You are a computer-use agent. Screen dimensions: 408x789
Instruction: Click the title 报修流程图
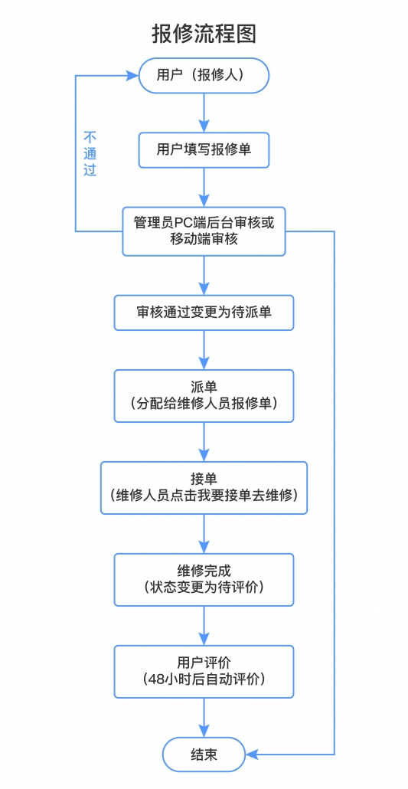[204, 34]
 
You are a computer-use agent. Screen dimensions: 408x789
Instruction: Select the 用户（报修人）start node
[204, 76]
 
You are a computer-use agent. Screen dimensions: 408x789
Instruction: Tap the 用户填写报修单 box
[204, 150]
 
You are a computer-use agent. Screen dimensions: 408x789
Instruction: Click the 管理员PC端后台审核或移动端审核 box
[204, 231]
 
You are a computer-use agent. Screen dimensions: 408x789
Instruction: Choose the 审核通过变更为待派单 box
[204, 313]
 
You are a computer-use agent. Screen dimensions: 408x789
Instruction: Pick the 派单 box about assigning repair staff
[204, 396]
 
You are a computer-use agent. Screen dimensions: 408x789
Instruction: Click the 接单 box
[204, 488]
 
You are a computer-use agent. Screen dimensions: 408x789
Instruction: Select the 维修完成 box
[204, 580]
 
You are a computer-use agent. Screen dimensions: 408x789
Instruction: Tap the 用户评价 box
[204, 672]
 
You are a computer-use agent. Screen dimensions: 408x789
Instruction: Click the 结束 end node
[204, 755]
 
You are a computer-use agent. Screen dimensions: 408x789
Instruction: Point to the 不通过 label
[90, 153]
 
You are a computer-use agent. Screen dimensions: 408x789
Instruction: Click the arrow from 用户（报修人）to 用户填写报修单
[204, 113]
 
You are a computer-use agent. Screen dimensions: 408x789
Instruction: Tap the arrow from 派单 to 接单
[204, 442]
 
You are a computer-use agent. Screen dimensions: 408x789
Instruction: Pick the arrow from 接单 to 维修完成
[204, 534]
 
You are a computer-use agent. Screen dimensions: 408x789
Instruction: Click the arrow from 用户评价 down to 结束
[204, 718]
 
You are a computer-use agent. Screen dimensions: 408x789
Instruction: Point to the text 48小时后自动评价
[204, 679]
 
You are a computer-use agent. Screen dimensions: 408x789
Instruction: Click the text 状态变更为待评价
[204, 588]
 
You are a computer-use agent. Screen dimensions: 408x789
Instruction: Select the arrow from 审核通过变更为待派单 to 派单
[204, 350]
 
